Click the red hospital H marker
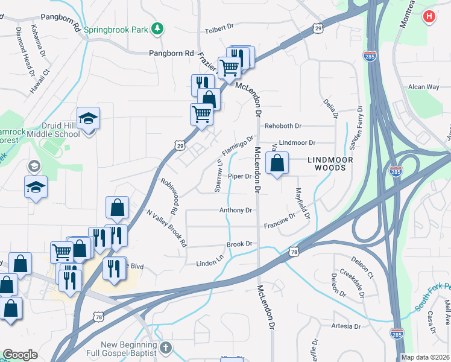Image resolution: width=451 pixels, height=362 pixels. [429, 16]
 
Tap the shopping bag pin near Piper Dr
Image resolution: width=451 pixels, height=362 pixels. [277, 163]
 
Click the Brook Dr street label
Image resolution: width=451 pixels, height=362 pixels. [239, 244]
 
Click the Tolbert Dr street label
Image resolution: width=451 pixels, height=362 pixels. [219, 27]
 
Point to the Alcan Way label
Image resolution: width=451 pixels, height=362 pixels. [424, 87]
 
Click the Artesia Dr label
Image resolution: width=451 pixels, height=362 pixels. [345, 326]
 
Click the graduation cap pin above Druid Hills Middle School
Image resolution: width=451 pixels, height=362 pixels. [88, 118]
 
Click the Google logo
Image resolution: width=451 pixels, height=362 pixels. [20, 355]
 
